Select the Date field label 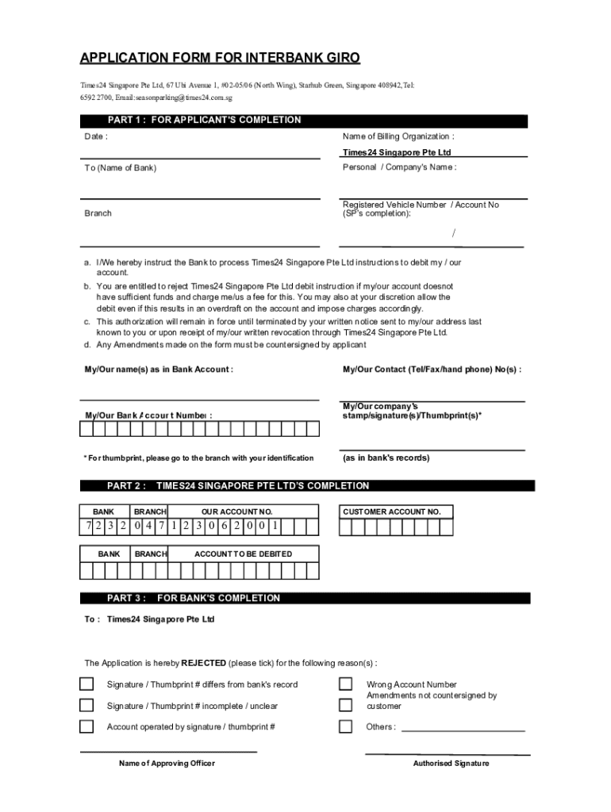pyautogui.click(x=96, y=136)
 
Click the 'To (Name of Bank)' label pyautogui.click(x=121, y=168)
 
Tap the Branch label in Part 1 pyautogui.click(x=98, y=213)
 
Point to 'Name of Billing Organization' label pyautogui.click(x=398, y=136)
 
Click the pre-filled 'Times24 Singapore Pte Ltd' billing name pyautogui.click(x=397, y=152)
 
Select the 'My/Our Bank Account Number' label pyautogui.click(x=148, y=416)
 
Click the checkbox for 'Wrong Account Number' pyautogui.click(x=346, y=684)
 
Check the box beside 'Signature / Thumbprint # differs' pyautogui.click(x=86, y=684)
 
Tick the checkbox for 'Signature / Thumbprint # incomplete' pyautogui.click(x=86, y=705)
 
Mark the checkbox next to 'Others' pyautogui.click(x=346, y=726)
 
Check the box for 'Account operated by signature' pyautogui.click(x=86, y=726)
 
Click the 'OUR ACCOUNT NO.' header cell pyautogui.click(x=236, y=512)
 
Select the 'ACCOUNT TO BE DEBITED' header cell pyautogui.click(x=243, y=554)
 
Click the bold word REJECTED pyautogui.click(x=203, y=663)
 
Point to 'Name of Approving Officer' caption pyautogui.click(x=167, y=764)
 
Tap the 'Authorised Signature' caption pyautogui.click(x=451, y=764)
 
